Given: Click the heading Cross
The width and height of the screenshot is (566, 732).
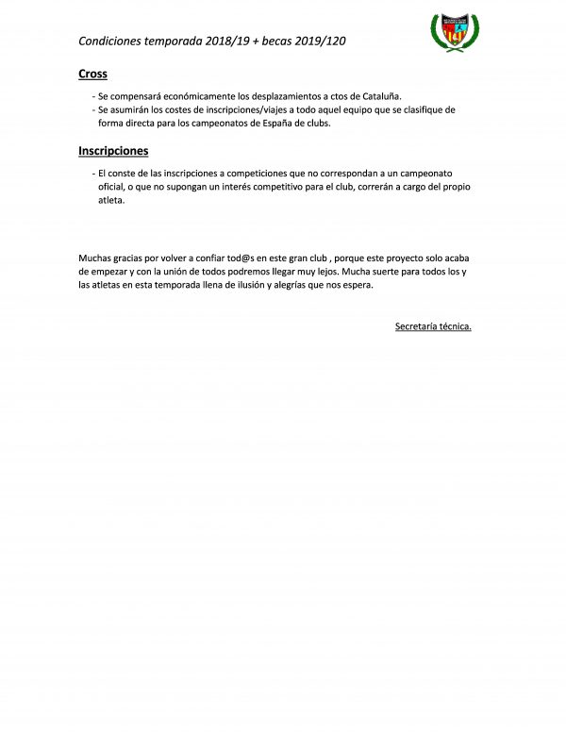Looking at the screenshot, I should click(92, 75).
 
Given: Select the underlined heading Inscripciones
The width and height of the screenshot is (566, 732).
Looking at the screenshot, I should click(113, 151).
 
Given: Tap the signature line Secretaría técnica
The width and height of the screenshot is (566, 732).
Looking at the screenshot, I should click(433, 326).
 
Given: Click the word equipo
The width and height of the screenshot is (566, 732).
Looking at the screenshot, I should click(340, 109).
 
